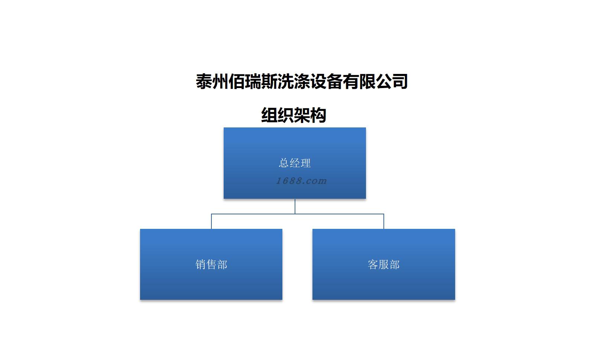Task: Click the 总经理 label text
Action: coord(295,163)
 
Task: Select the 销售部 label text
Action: coord(211,265)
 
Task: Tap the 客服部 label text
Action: coord(383,265)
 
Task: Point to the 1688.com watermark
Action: coord(301,181)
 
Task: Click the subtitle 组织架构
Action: coord(294,115)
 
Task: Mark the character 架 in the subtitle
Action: coord(302,115)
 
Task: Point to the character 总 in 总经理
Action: coord(284,163)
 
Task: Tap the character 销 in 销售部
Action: coord(201,265)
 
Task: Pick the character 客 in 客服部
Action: coord(373,265)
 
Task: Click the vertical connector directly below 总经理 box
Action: coord(295,206)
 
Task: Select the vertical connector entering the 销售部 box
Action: coord(211,222)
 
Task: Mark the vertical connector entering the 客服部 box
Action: coord(384,222)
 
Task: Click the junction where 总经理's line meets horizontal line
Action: coord(295,214)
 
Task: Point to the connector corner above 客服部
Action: coord(384,214)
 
